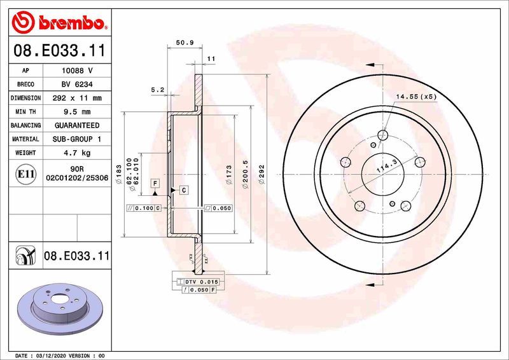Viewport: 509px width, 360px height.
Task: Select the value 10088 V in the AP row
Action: coord(77,71)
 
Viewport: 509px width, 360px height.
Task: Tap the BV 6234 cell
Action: coord(77,85)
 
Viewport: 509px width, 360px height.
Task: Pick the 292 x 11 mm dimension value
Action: coord(77,99)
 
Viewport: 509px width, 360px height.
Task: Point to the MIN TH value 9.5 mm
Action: coord(77,112)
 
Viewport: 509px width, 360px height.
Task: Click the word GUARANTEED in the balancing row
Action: coord(77,126)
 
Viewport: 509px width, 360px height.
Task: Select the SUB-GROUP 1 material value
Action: coord(77,139)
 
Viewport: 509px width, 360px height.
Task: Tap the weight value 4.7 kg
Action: coord(77,153)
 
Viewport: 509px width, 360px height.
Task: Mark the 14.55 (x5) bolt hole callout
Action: coord(416,97)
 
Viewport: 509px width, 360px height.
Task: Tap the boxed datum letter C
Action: coord(183,190)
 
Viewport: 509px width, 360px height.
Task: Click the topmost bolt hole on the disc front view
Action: coord(382,135)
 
